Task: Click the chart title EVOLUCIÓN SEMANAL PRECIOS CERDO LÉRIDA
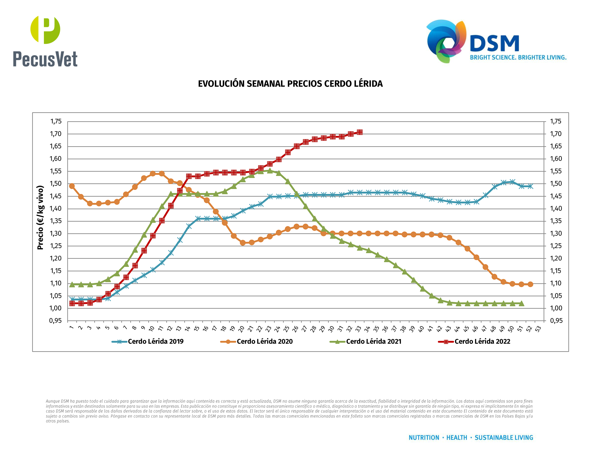tap(290, 84)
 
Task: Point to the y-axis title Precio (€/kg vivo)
tap(40, 218)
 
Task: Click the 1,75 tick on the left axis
tap(56, 121)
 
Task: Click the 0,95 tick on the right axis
tap(556, 321)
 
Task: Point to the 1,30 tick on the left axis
tap(56, 233)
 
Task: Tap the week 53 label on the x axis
tap(538, 329)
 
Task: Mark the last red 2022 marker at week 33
tap(360, 132)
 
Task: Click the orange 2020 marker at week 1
tap(72, 186)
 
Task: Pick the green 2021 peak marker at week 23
tap(270, 171)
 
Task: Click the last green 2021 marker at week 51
tap(521, 304)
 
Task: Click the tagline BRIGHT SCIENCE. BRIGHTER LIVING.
tap(518, 58)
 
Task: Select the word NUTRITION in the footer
tap(424, 438)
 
